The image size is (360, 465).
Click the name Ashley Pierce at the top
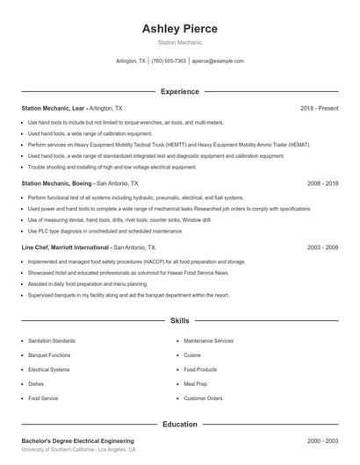pyautogui.click(x=179, y=29)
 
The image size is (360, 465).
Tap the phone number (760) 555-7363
pyautogui.click(x=169, y=61)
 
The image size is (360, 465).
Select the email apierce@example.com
pyautogui.click(x=217, y=61)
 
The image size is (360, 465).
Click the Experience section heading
pyautogui.click(x=179, y=91)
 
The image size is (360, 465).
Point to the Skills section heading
pyautogui.click(x=179, y=322)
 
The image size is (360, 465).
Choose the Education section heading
pyautogui.click(x=179, y=424)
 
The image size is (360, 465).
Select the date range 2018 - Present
pyautogui.click(x=319, y=108)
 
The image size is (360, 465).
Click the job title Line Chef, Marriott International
pyautogui.click(x=66, y=247)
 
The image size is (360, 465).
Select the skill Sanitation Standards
pyautogui.click(x=52, y=340)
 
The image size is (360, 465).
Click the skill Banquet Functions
pyautogui.click(x=49, y=355)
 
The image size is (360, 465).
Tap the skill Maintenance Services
pyautogui.click(x=208, y=340)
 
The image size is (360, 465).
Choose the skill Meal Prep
pyautogui.click(x=195, y=384)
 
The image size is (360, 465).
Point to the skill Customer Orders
pyautogui.click(x=203, y=398)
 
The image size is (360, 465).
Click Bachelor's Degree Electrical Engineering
pyautogui.click(x=77, y=440)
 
